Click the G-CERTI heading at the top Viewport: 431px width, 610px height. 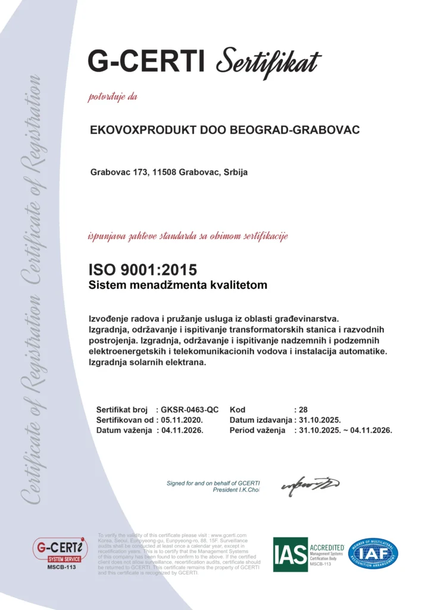point(146,61)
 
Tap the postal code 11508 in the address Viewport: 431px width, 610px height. point(164,172)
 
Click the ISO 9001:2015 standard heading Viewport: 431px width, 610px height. point(142,270)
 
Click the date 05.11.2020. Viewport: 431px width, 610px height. point(183,420)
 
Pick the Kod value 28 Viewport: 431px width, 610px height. point(302,410)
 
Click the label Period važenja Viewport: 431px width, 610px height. point(258,430)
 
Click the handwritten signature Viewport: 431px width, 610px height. point(310,485)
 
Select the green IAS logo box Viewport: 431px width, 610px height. point(290,554)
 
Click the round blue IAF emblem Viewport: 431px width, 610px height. point(373,553)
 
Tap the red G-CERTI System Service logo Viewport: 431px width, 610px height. point(60,549)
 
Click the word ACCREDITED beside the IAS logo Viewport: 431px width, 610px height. point(327,546)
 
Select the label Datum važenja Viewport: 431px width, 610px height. point(124,430)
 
